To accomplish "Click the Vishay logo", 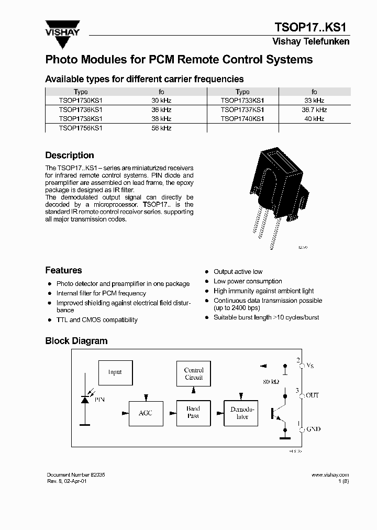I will point(62,29).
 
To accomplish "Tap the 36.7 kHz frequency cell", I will point(314,110).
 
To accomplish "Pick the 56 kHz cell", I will point(161,128).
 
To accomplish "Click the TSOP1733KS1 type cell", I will point(242,101).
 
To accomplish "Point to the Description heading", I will point(70,156).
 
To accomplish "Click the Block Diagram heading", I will point(76,341).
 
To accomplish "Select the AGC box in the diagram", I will point(146,413).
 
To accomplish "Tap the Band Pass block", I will point(193,413).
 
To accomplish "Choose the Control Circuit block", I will point(193,374).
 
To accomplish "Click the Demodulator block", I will point(242,413).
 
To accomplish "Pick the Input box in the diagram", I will point(115,372).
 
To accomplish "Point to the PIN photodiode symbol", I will point(85,399).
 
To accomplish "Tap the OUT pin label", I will point(312,395).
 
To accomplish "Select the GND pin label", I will point(313,429).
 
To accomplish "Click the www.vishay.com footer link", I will point(330,474).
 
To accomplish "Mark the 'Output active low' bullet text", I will point(238,272).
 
